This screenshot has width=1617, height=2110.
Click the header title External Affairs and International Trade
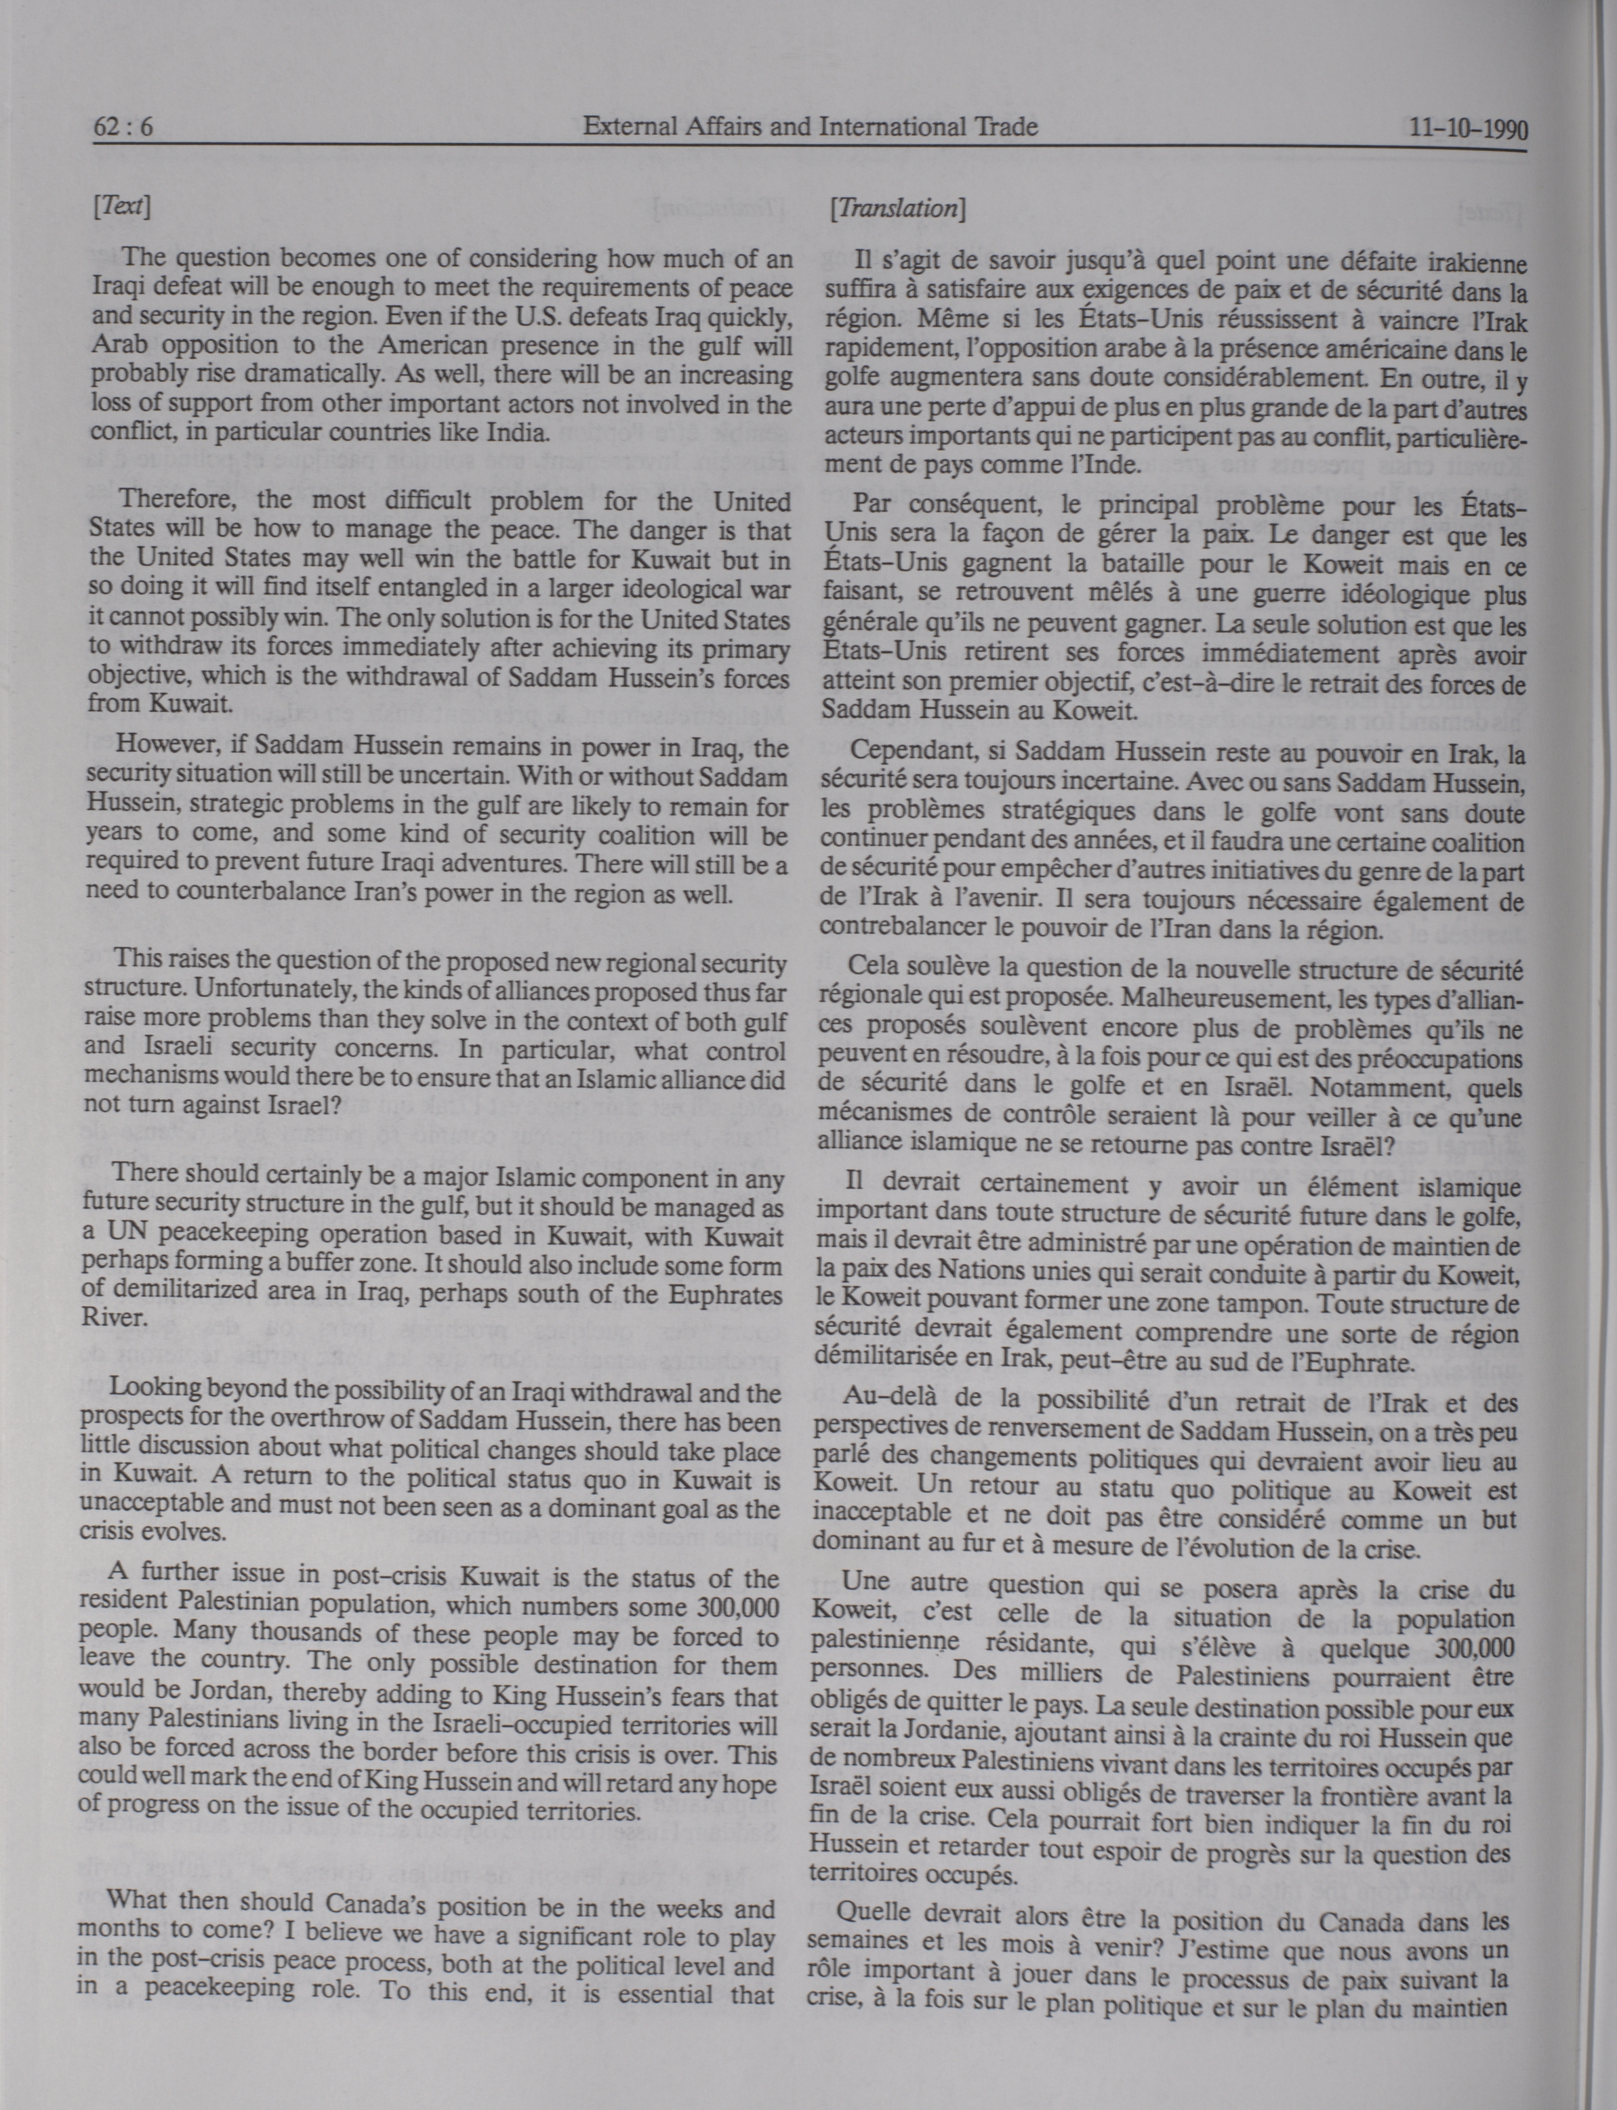coord(811,126)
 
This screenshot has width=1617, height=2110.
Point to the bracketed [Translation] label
coord(897,209)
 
